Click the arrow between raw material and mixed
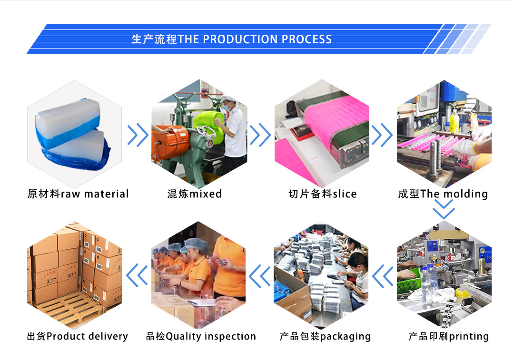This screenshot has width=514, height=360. pyautogui.click(x=138, y=135)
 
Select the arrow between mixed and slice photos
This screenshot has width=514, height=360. pyautogui.click(x=260, y=135)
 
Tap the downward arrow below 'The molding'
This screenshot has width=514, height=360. pyautogui.click(x=444, y=209)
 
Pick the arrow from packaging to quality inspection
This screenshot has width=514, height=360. pyautogui.click(x=260, y=276)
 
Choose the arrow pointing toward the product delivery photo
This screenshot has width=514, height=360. pyautogui.click(x=138, y=276)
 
